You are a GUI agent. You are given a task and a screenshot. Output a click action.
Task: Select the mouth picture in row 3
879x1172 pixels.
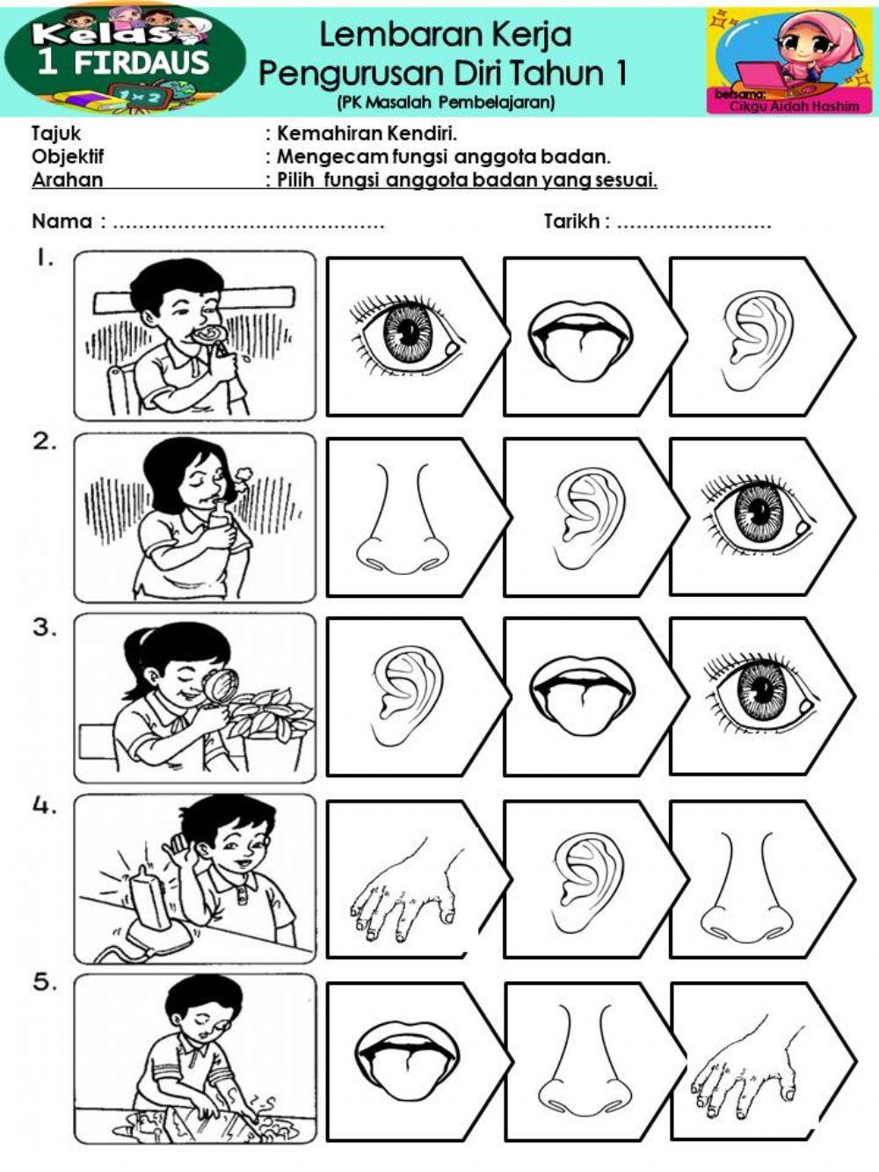click(580, 695)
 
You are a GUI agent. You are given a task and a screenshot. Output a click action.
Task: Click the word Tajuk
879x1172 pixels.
click(56, 134)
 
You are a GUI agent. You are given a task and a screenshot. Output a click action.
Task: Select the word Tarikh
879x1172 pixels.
click(572, 222)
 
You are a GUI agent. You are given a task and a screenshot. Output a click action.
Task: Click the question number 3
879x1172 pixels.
click(44, 628)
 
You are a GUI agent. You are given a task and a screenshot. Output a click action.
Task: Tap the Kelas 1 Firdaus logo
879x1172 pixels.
click(123, 57)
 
